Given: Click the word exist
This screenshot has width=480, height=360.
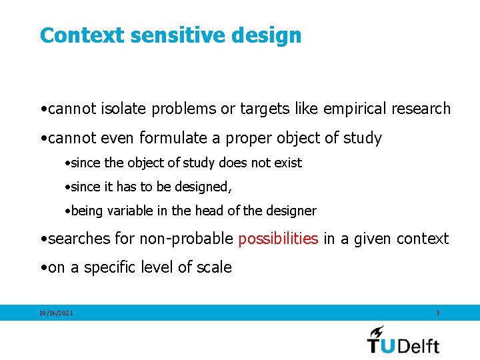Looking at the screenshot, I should pyautogui.click(x=288, y=163).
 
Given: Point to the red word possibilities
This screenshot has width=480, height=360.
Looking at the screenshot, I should pyautogui.click(x=278, y=239).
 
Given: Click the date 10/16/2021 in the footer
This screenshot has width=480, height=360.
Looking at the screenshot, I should pyautogui.click(x=57, y=313).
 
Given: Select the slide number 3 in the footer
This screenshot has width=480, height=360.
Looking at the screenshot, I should pyautogui.click(x=437, y=313).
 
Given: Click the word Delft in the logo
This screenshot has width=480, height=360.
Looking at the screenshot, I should pyautogui.click(x=419, y=345).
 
